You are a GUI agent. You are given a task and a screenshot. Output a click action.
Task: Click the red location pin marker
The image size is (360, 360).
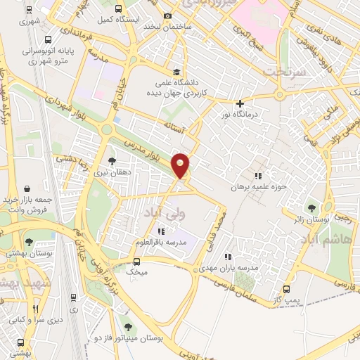click(x=181, y=166)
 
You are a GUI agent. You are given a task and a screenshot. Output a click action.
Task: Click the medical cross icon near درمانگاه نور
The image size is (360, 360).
click(x=240, y=103)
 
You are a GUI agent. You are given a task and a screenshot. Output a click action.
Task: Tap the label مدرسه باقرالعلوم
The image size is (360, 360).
click(x=162, y=242)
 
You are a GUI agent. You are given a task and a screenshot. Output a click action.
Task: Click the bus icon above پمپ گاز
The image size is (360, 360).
click(x=287, y=289)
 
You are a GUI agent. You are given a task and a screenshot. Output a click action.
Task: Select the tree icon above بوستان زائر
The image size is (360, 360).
click(x=311, y=207)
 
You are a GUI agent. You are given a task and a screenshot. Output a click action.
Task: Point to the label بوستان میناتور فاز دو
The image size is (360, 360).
click(x=127, y=338)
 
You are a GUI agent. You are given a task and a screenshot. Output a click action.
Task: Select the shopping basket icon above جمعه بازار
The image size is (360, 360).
click(x=27, y=188)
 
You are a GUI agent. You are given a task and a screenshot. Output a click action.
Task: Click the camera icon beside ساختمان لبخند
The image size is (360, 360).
click(x=167, y=16)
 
